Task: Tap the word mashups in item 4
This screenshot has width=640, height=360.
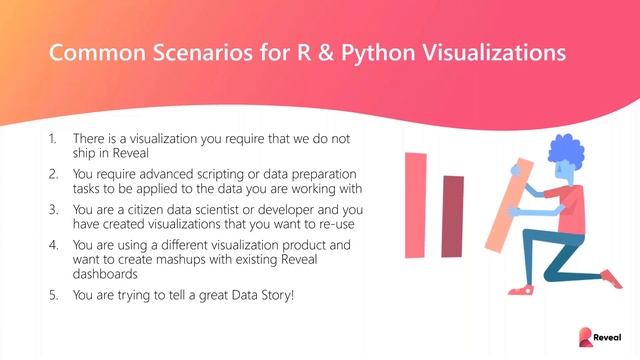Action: (188, 257)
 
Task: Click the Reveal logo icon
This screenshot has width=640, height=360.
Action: (587, 338)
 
